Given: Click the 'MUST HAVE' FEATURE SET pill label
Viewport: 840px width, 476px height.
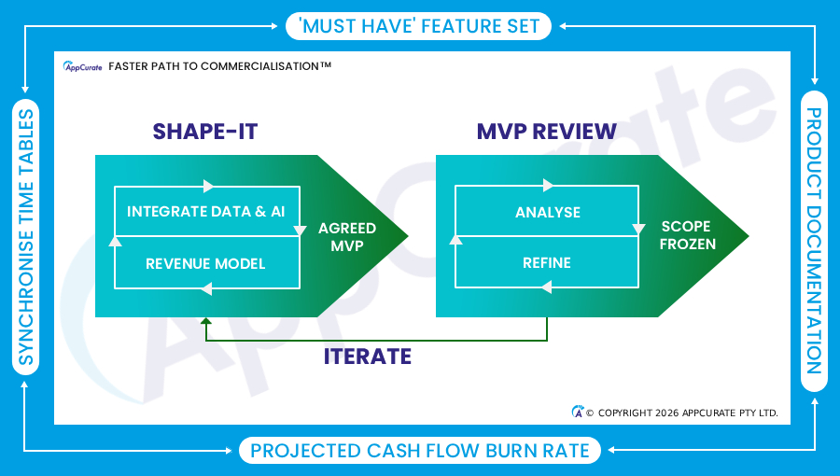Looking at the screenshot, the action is tap(418, 26).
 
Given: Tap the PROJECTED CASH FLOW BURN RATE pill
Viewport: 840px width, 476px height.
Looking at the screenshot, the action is tap(420, 450).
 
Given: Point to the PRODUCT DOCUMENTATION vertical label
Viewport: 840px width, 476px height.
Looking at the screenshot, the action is tap(814, 241).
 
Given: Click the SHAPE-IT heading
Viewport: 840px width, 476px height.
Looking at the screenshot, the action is tap(205, 132).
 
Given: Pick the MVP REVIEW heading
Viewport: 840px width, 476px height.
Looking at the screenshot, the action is tap(546, 132).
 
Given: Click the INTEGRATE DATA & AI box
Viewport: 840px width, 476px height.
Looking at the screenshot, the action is tap(207, 211).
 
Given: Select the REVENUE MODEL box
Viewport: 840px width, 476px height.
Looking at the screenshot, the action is tap(207, 263).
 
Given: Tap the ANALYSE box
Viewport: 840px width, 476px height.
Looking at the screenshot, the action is tap(547, 211).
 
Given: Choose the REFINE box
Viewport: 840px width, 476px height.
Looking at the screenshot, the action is tap(547, 262).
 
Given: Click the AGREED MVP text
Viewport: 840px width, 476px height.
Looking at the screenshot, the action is tap(347, 237).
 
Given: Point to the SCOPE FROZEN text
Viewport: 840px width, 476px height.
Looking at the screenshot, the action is tap(687, 235).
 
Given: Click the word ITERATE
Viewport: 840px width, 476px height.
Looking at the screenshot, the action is tap(368, 357).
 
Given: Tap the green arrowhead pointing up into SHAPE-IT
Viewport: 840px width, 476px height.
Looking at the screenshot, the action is tap(205, 321).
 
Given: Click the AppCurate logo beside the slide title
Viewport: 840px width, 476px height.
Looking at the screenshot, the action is tap(82, 66).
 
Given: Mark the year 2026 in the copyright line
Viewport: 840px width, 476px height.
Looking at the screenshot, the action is tap(667, 413).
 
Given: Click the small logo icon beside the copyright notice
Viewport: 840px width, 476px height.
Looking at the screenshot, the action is tap(577, 412).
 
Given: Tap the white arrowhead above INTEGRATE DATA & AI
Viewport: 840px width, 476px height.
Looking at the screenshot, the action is tap(208, 187).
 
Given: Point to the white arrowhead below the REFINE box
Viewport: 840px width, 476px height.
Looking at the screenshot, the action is tap(546, 287).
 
